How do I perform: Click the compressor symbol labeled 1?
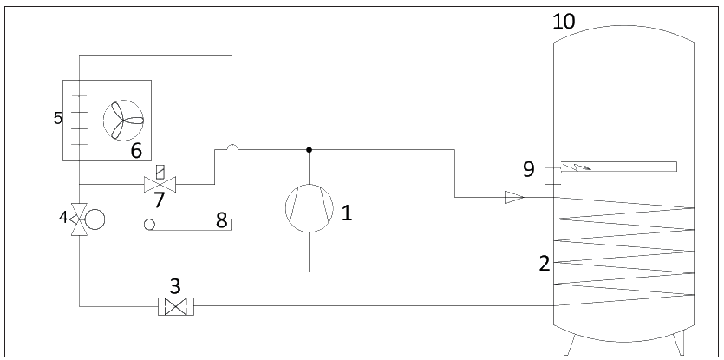310,208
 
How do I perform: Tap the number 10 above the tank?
564,22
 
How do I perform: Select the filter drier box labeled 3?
176,307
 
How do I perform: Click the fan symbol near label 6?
123,121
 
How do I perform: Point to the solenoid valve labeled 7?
160,182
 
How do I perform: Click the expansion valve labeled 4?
79,219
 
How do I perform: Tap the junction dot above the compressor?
309,150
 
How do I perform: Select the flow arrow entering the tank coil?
515,198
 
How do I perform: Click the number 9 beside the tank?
529,169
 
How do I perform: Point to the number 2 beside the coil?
545,264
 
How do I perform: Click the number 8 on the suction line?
222,221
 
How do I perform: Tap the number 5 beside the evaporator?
58,118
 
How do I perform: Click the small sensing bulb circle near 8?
149,224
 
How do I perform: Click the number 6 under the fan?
136,151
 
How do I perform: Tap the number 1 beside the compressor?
347,213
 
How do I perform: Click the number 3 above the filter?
175,286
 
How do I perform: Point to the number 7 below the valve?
160,200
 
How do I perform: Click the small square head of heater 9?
552,177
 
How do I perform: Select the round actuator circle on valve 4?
95,219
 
